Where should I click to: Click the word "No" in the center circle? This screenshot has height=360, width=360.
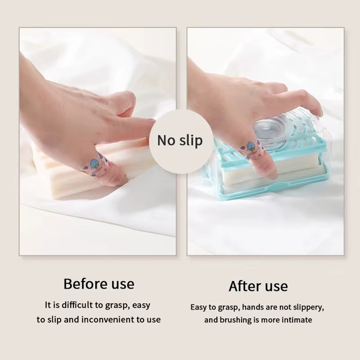click(166, 140)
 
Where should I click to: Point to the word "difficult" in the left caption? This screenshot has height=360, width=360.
click(77, 305)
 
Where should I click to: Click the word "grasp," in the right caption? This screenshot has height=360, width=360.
click(229, 308)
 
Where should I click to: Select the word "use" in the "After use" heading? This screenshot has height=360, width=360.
click(276, 287)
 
